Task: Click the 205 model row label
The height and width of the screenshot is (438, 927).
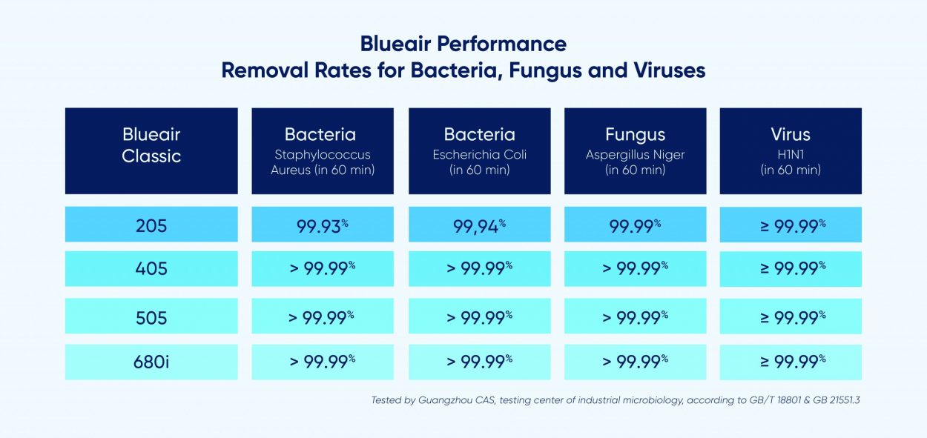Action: pos(151,226)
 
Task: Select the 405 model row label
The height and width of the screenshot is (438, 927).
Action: pos(151,269)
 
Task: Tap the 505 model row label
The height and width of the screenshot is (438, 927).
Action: pos(151,318)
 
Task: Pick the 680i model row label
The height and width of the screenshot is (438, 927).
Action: pos(151,362)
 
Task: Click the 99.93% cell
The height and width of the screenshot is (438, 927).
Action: pos(323,226)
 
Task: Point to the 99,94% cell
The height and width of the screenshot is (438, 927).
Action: pos(479,226)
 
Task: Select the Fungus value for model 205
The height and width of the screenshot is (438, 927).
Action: pos(635,226)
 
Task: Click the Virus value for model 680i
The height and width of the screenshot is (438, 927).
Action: pos(793,362)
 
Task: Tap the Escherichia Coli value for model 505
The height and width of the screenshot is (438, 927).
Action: pos(479,318)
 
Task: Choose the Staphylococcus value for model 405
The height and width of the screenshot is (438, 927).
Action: pos(323,268)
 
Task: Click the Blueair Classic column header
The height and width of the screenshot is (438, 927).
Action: pos(151,145)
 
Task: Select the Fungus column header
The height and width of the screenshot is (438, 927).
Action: pos(636,135)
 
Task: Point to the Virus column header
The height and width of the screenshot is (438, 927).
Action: pos(791,134)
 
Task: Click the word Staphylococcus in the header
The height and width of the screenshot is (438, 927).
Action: pos(323,155)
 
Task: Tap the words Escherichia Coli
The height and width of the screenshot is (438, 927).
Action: pos(479,154)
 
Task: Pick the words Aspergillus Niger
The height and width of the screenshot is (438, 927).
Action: pos(635,155)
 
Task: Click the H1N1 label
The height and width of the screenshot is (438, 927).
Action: pos(791,154)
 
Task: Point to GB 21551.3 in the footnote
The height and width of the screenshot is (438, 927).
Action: pos(837,400)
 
